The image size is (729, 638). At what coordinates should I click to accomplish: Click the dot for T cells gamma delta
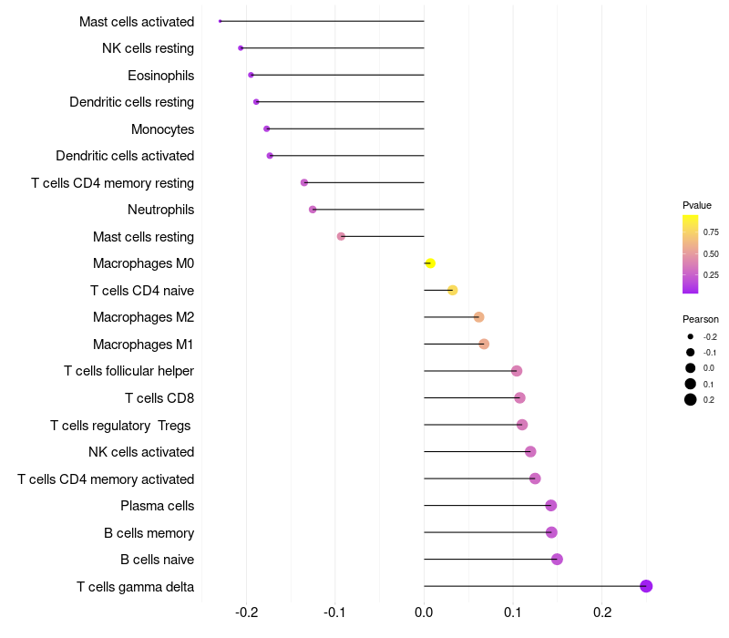tap(646, 586)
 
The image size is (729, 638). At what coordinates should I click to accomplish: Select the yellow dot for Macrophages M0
tap(430, 263)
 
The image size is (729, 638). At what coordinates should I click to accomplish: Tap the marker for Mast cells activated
tap(221, 21)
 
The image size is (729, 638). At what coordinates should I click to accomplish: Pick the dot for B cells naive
tap(557, 560)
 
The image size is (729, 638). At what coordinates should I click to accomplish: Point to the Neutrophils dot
tap(313, 210)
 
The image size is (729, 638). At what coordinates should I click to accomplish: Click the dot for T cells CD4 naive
tap(452, 291)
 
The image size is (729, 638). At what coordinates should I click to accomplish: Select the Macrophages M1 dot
tap(484, 344)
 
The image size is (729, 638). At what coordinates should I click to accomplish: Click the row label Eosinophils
tap(160, 75)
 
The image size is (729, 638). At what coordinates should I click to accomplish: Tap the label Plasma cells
tap(157, 506)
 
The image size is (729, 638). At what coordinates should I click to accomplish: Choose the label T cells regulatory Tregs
tap(122, 425)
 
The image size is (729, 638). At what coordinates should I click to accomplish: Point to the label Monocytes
tap(162, 129)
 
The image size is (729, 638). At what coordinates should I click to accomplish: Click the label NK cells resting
tap(148, 48)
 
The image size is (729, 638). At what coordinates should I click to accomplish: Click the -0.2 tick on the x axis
tap(247, 612)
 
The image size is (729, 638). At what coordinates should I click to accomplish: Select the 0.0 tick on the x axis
tap(425, 612)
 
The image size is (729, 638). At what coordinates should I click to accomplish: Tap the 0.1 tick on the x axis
tap(513, 612)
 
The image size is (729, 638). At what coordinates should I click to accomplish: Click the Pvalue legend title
tap(697, 205)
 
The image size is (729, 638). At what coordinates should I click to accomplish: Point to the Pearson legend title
tap(701, 319)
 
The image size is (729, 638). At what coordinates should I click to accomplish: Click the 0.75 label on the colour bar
tap(711, 232)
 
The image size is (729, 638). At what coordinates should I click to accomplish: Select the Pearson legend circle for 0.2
tap(691, 399)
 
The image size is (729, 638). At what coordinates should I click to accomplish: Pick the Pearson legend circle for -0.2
tap(691, 336)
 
